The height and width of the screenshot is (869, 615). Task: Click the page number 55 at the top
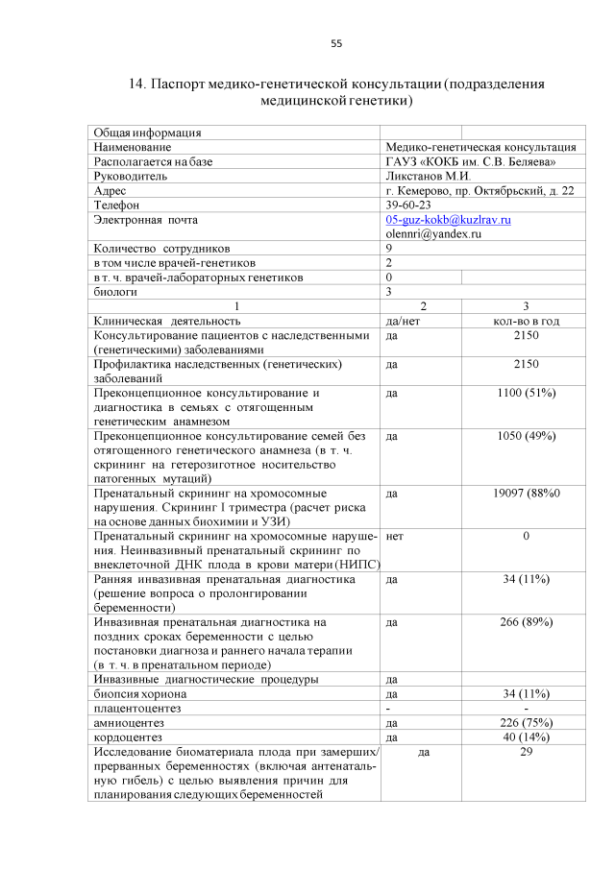(335, 43)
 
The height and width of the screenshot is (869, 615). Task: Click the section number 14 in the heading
(136, 84)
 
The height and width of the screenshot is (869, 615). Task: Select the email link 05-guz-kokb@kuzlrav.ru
(448, 220)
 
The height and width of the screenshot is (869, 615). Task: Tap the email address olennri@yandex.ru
(432, 233)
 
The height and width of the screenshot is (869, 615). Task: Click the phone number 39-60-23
(407, 205)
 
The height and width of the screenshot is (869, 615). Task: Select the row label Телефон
(116, 205)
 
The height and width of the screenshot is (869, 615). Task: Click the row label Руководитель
(130, 177)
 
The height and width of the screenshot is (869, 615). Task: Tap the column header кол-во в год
(526, 321)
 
